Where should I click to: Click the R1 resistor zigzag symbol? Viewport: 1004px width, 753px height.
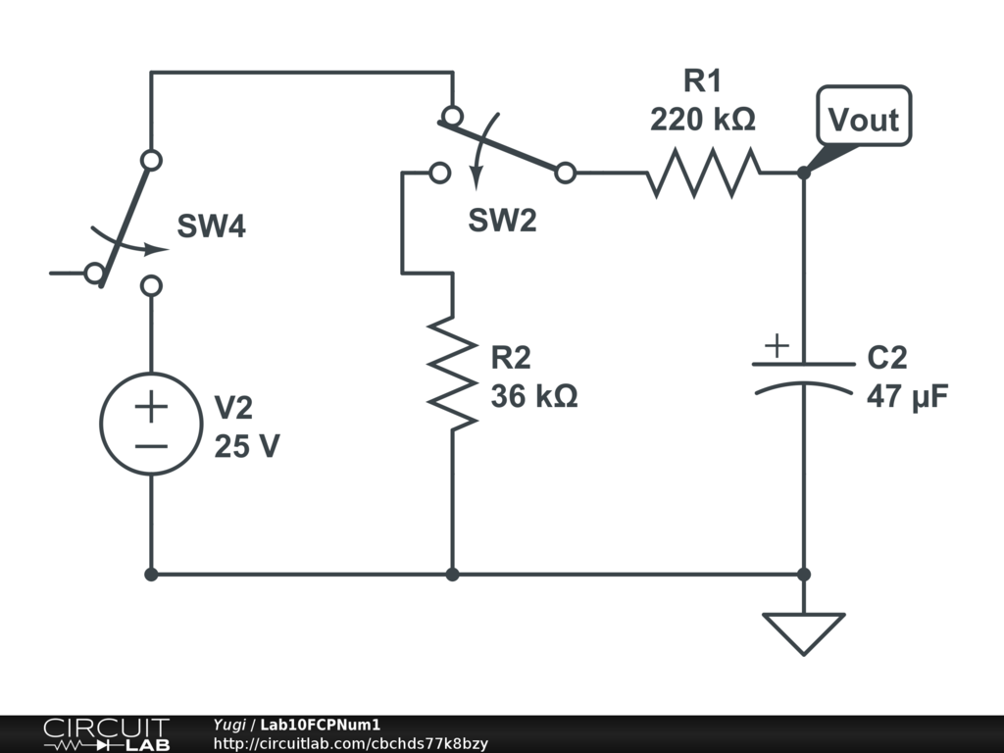[702, 173]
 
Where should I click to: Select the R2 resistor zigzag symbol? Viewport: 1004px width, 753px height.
[452, 372]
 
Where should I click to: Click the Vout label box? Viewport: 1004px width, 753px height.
[863, 119]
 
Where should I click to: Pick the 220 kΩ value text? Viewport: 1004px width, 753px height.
[702, 120]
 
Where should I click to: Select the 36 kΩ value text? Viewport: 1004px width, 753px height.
[534, 397]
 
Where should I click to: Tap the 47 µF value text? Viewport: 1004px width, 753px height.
[907, 397]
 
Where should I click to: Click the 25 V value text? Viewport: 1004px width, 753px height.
[247, 446]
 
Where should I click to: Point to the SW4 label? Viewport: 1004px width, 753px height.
[211, 227]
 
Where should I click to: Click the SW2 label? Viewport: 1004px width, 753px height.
[502, 222]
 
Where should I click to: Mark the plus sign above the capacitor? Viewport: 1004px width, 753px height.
[776, 345]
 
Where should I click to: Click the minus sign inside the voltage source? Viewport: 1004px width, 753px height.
[151, 446]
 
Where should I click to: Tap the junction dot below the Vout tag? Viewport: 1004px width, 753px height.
[803, 173]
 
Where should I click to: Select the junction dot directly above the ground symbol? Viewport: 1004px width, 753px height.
[803, 575]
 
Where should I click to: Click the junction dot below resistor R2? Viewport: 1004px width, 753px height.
[452, 575]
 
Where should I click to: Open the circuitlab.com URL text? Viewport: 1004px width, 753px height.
[350, 744]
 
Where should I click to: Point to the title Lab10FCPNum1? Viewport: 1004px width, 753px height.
[320, 725]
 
